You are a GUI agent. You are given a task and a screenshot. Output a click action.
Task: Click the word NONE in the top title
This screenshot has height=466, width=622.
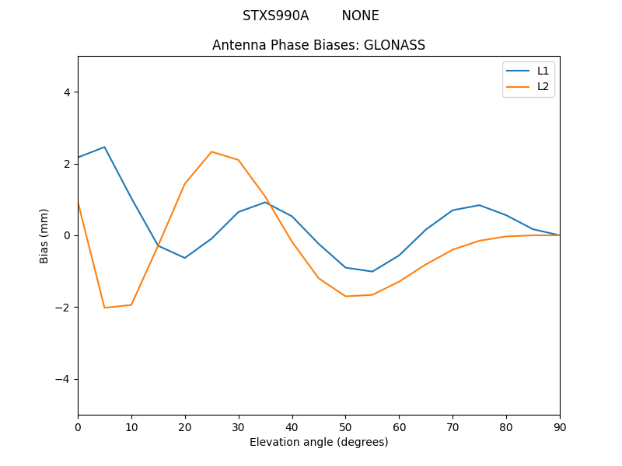coord(360,16)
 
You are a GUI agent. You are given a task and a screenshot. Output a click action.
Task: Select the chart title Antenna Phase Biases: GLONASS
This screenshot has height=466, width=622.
coord(319,45)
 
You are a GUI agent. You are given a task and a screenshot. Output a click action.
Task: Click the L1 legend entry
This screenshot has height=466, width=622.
coord(543,71)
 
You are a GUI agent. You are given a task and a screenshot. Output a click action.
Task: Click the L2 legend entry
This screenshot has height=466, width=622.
coord(543,86)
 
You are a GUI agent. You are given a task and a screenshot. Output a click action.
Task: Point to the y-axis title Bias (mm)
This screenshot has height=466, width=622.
coord(44,235)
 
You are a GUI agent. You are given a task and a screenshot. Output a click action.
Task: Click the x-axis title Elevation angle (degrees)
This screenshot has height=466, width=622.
coord(319,442)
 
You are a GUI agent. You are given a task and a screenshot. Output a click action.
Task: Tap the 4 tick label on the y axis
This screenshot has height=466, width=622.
coord(66,92)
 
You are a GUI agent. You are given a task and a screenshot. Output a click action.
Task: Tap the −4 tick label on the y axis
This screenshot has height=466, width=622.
coord(63,379)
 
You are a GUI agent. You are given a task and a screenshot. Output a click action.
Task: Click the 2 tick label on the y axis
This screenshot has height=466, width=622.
coord(66,164)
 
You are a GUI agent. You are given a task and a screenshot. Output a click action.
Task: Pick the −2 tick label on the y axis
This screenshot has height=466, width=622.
coord(63,308)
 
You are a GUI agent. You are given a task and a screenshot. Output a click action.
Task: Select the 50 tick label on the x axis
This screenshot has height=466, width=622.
coord(345,426)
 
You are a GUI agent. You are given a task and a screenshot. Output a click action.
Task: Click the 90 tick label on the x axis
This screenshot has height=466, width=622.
coord(560,426)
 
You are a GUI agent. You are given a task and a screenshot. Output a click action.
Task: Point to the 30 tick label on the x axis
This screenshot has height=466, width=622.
coord(239,426)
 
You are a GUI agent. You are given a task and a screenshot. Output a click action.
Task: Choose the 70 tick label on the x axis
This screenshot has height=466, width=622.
coord(453,426)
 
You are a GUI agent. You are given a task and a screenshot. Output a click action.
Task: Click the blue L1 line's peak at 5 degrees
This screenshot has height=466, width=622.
coord(104,147)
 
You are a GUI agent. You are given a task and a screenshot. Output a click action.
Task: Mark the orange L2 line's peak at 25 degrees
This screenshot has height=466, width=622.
coord(211,151)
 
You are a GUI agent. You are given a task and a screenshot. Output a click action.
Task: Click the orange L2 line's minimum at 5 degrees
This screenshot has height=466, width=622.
coord(104,308)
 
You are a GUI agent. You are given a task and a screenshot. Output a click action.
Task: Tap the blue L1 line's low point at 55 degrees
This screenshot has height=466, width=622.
coord(372,271)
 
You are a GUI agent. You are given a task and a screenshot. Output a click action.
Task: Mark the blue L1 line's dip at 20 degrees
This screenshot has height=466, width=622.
coord(185,258)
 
